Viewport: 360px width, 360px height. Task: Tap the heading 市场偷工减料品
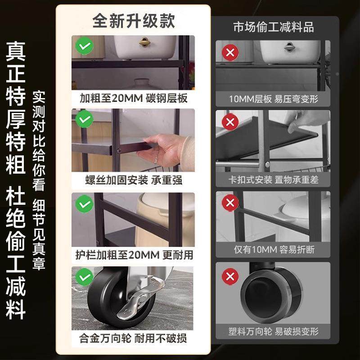(273, 27)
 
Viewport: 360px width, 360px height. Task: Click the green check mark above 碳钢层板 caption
(84, 46)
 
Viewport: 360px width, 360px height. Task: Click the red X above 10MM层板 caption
(230, 52)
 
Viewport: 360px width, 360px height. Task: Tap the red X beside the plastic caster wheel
(230, 275)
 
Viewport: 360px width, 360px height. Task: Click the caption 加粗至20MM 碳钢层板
(133, 98)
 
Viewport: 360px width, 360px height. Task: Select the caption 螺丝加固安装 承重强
(133, 180)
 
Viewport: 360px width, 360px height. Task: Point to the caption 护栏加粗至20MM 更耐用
(133, 255)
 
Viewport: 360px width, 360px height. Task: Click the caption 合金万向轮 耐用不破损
(133, 337)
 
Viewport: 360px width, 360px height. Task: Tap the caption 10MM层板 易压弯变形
(273, 99)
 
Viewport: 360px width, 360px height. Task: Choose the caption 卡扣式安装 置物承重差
(273, 180)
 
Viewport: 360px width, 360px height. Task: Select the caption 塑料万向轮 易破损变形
(273, 332)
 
